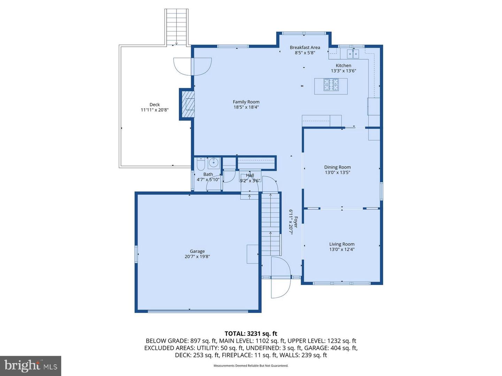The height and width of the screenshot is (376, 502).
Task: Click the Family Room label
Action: (x=246, y=102)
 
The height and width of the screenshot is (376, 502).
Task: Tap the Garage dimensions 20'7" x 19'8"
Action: (x=197, y=257)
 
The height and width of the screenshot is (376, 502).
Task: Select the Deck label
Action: (x=154, y=104)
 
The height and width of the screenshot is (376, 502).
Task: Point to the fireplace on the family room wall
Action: (x=187, y=104)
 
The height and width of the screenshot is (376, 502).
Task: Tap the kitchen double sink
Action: (x=353, y=54)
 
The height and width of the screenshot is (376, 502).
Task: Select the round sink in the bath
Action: (x=213, y=163)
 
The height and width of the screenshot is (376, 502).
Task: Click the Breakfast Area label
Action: (x=305, y=48)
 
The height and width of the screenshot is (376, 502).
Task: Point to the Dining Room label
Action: (x=337, y=167)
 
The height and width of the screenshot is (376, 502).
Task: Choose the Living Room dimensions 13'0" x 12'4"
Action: (x=342, y=250)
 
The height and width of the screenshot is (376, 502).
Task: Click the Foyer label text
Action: (x=296, y=222)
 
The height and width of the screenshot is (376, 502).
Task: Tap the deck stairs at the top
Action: (x=177, y=27)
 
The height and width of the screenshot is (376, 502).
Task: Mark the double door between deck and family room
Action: (x=192, y=66)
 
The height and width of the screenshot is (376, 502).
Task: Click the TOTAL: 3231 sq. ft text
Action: (x=251, y=334)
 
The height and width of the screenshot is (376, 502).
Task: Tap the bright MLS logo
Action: (x=31, y=366)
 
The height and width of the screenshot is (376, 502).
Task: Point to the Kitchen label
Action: (x=343, y=65)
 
